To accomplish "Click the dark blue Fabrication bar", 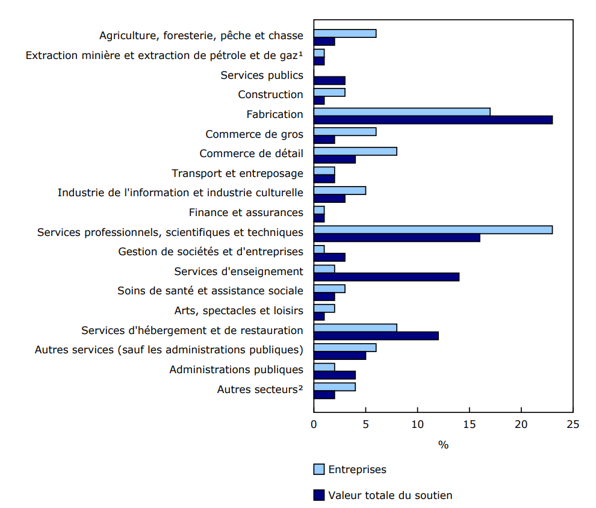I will coord(433,120).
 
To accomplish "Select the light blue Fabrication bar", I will coord(402,111).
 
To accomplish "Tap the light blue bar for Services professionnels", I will coord(433,229).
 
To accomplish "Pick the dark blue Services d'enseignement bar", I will coord(386,277).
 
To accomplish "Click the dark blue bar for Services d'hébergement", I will coord(376,335).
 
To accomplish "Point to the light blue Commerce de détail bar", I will coord(355,151).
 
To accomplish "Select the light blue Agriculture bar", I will coord(345,33).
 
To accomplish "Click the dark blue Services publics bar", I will coord(329,80).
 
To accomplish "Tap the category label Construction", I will coord(270,94).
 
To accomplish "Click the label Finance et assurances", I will coord(246,212).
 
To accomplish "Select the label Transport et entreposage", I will coord(237,173).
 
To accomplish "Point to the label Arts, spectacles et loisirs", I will coord(238,311).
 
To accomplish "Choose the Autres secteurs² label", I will coord(260,389).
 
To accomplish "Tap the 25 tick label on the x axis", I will coord(573,424).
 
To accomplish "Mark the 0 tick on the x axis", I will coord(314,424).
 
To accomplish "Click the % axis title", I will coord(443,445).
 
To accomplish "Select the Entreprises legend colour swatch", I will coord(318,469).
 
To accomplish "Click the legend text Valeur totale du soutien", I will coord(390,495).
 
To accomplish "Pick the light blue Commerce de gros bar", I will coord(345,131).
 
